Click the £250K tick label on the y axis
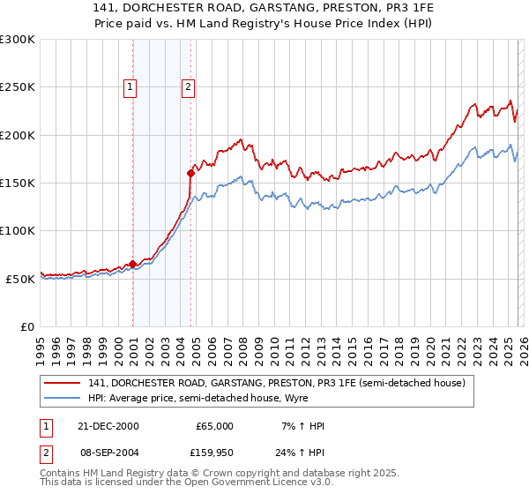click(x=18, y=87)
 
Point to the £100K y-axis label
click(x=18, y=230)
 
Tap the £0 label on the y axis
click(x=27, y=326)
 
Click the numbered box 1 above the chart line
click(x=130, y=86)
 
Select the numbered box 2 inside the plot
click(x=189, y=86)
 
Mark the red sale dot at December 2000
click(x=133, y=264)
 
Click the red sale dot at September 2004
click(x=190, y=173)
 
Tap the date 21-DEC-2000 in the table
click(x=108, y=426)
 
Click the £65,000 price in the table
click(x=214, y=426)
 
